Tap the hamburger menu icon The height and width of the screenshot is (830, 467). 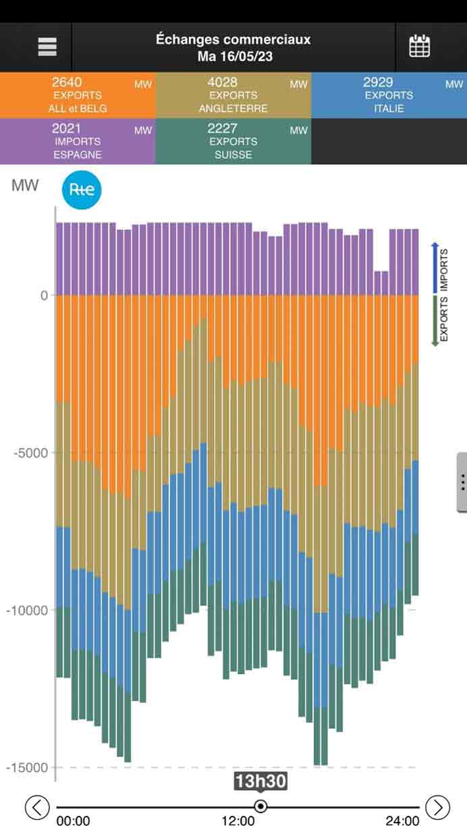tap(47, 47)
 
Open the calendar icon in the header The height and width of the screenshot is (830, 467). tap(420, 47)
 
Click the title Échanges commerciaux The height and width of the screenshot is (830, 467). tap(233, 39)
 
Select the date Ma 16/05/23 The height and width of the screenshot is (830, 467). tap(233, 56)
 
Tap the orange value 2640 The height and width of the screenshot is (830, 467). tap(66, 82)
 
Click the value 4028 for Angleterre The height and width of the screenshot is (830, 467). tap(222, 82)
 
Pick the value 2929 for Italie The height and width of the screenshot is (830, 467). tap(378, 82)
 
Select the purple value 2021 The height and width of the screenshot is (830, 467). tap(66, 128)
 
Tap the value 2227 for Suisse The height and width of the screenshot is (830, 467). tap(222, 128)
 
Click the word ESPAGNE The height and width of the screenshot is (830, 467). tap(78, 155)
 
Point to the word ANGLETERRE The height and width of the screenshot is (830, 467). tap(233, 109)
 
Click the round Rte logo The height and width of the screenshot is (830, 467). tap(82, 191)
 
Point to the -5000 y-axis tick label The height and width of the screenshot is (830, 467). tap(31, 452)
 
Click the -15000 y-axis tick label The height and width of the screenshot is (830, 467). tap(28, 767)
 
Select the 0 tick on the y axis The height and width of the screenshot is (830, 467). tap(44, 295)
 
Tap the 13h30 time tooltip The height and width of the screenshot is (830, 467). tap(260, 781)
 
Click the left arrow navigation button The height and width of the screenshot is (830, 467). tap(38, 806)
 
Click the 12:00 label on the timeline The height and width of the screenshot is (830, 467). tap(238, 821)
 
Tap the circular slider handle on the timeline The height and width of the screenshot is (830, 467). tap(260, 806)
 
